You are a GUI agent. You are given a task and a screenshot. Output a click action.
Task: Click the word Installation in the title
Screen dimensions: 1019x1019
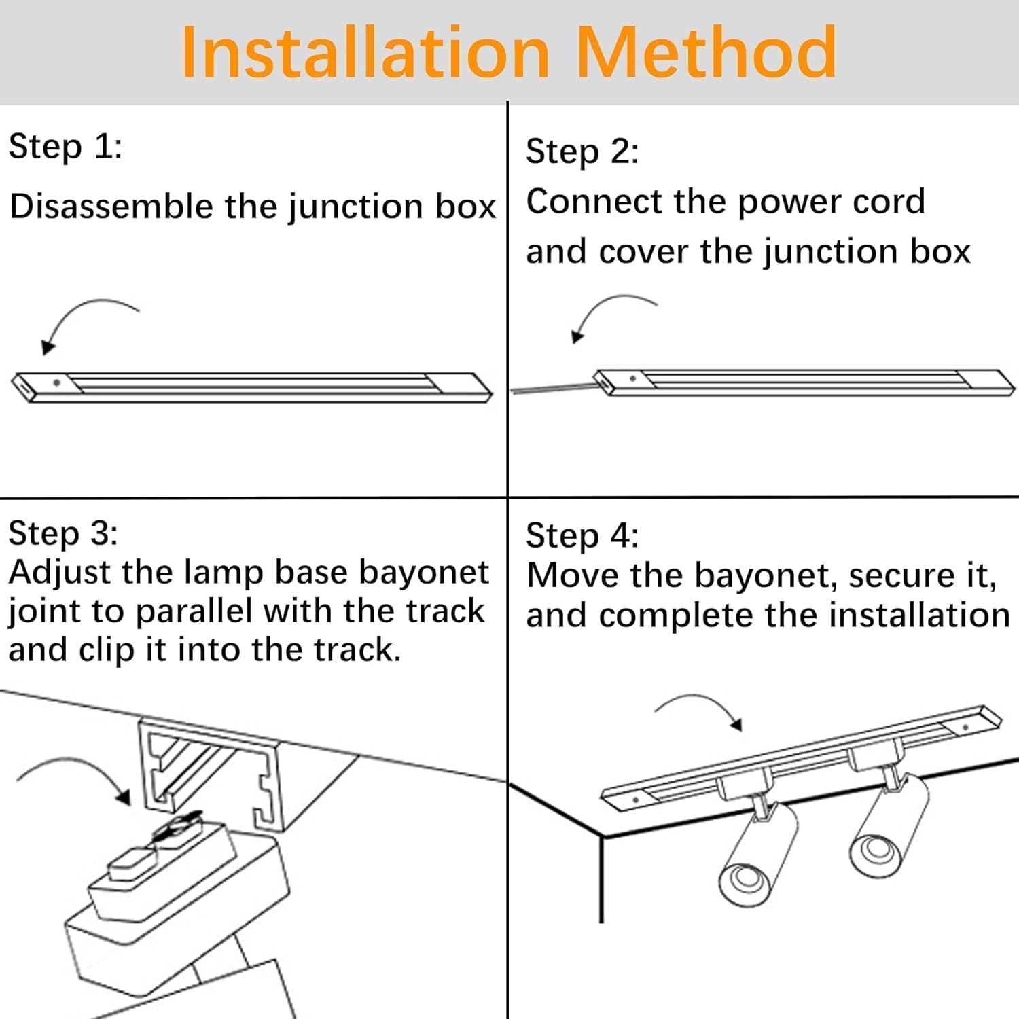pyautogui.click(x=365, y=53)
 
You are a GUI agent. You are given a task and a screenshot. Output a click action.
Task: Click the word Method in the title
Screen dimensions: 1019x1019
pyautogui.click(x=707, y=53)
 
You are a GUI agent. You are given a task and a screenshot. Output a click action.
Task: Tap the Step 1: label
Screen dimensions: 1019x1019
pyautogui.click(x=65, y=147)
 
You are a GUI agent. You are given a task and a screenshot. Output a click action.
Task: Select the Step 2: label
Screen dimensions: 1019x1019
pyautogui.click(x=582, y=151)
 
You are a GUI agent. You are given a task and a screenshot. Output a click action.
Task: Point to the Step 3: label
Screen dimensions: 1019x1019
pyautogui.click(x=63, y=533)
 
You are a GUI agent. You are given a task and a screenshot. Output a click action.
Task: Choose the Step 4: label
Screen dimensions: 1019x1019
pyautogui.click(x=582, y=536)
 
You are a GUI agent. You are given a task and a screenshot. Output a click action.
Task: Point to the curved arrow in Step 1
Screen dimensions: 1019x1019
pyautogui.click(x=82, y=319)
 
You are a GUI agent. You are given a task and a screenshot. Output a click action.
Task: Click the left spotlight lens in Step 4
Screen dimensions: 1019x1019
pyautogui.click(x=742, y=881)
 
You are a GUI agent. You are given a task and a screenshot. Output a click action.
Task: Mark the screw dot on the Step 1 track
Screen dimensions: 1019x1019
pyautogui.click(x=56, y=383)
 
